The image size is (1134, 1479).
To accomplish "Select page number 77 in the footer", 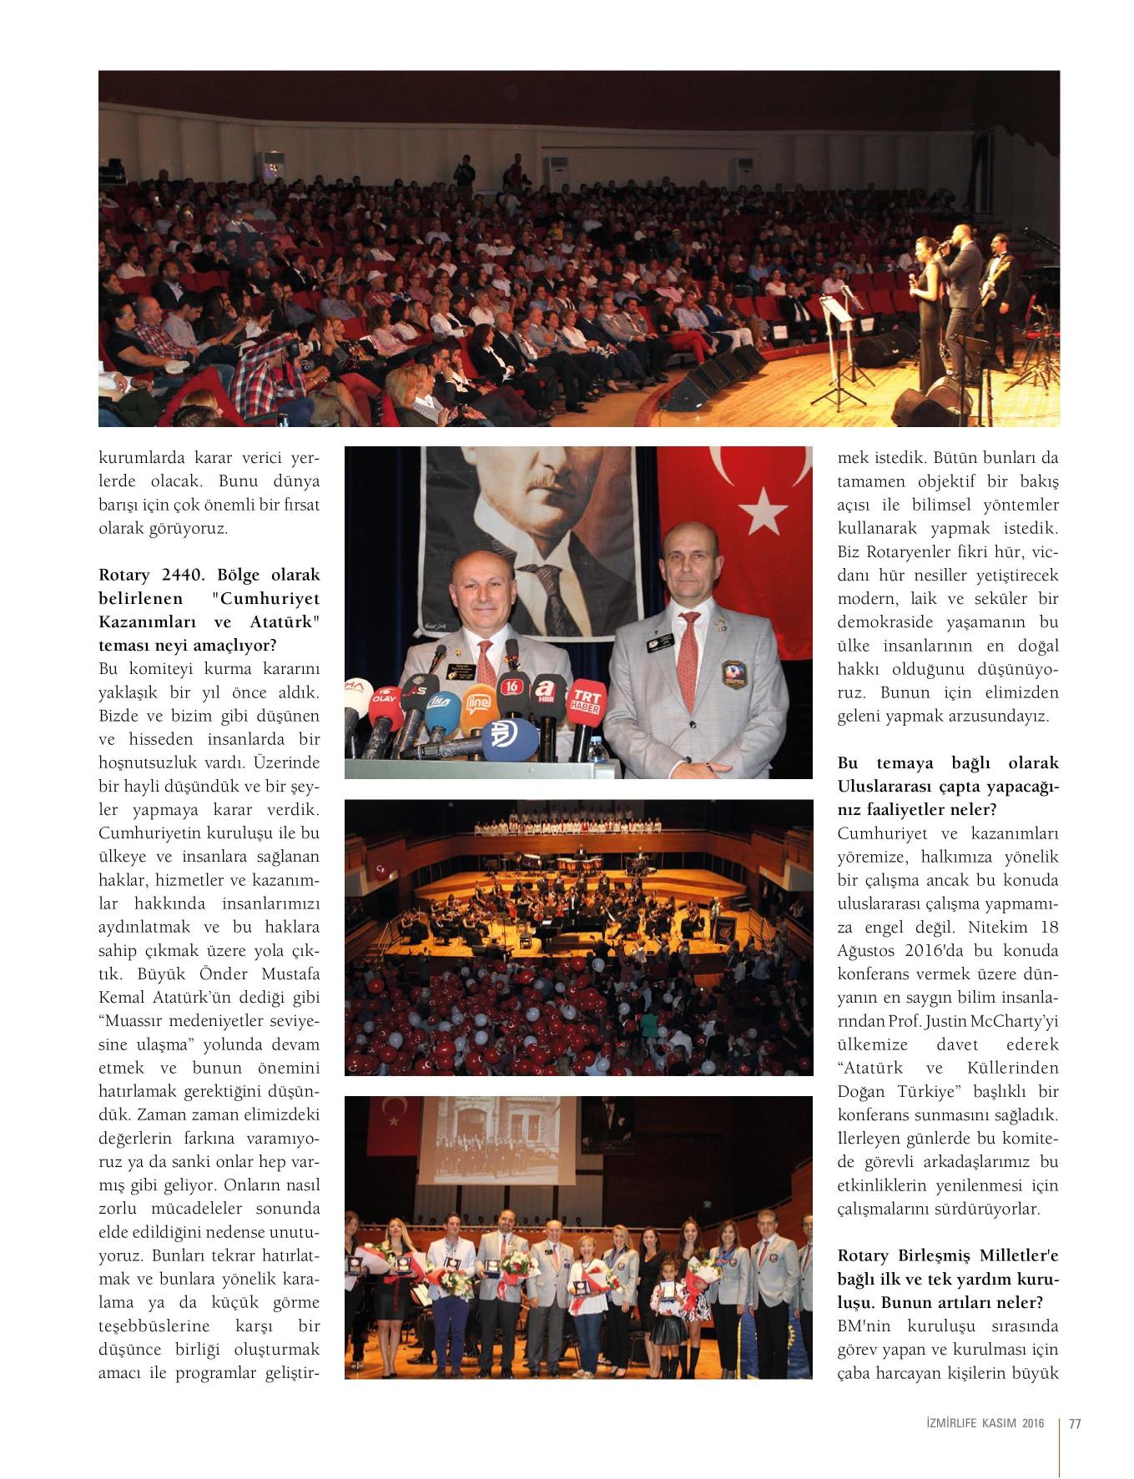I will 1075,1424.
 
